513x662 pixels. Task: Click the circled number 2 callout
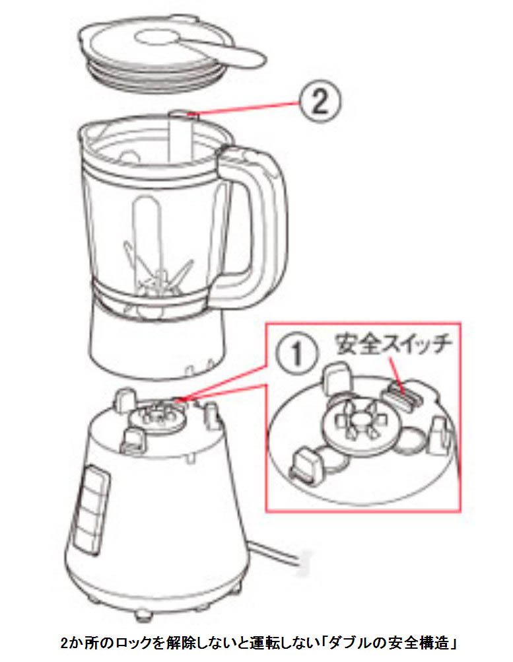point(320,102)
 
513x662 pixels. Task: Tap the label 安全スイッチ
point(392,344)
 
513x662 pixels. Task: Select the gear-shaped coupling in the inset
point(359,423)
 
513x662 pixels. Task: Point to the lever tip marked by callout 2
point(182,113)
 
